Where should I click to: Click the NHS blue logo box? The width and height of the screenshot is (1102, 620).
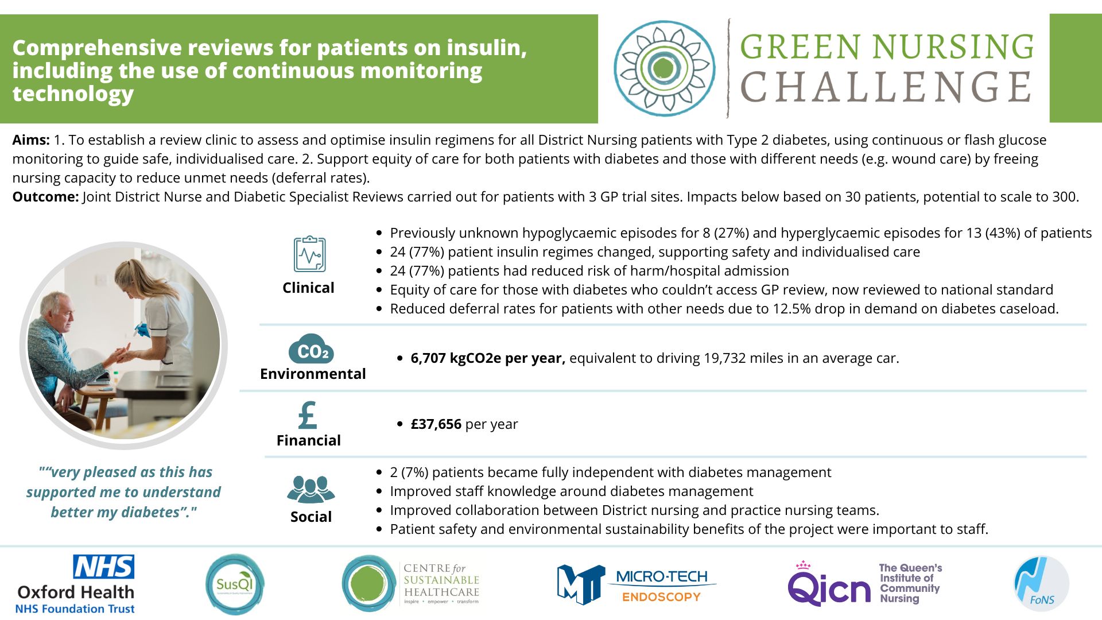104,567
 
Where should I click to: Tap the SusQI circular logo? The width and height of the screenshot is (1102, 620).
235,584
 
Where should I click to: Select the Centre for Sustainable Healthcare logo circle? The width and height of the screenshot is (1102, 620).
368,583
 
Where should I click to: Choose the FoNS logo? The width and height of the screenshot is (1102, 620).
1041,584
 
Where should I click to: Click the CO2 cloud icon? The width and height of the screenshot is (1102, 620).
311,348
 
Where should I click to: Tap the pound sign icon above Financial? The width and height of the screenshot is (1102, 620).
308,415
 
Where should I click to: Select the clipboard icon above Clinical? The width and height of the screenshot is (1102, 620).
309,254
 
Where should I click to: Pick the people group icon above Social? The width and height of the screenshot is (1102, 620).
311,490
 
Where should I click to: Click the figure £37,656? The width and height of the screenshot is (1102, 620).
436,424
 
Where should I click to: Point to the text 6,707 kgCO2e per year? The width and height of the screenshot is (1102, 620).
488,358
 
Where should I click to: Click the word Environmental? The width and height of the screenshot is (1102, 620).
313,374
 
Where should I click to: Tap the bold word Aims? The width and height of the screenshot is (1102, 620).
31,140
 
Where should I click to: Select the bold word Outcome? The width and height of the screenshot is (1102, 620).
45,197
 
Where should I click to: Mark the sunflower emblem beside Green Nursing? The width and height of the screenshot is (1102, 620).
665,68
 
